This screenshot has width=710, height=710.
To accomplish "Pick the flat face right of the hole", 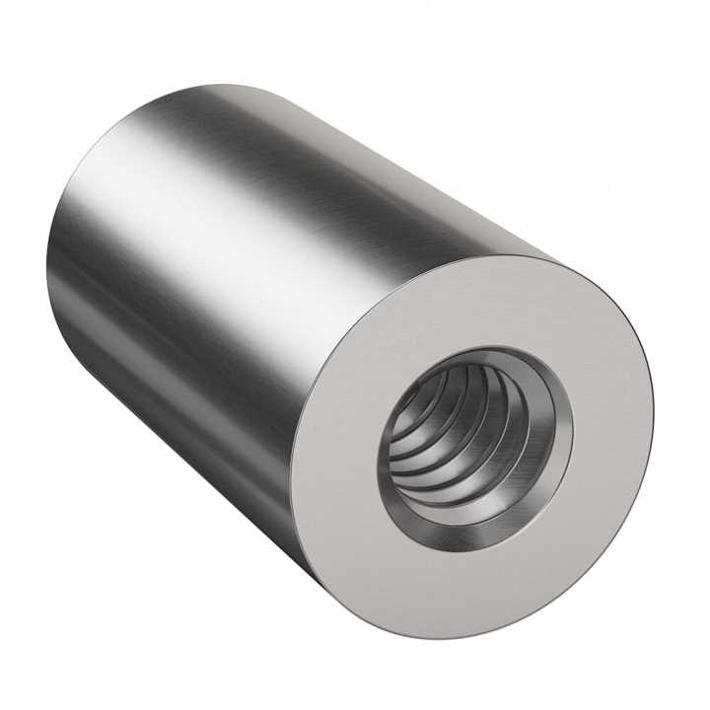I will [x=611, y=414].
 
